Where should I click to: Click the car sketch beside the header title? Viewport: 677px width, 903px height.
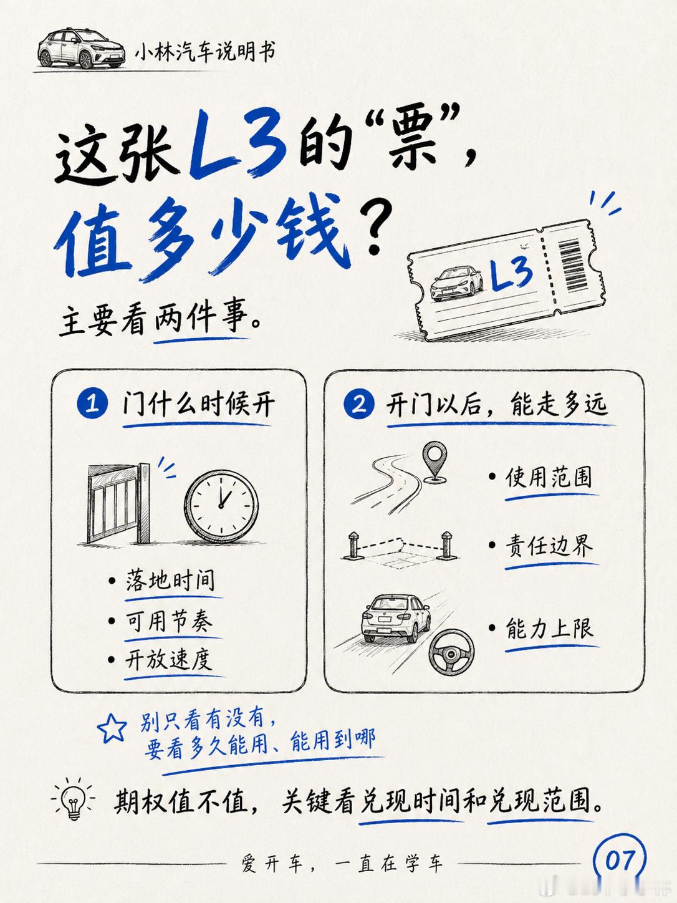tap(82, 49)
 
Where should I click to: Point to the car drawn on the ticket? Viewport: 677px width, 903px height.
tap(456, 283)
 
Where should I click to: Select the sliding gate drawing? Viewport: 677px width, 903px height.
tap(119, 503)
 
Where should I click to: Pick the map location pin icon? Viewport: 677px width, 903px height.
tap(435, 461)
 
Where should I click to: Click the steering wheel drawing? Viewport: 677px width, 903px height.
tap(451, 652)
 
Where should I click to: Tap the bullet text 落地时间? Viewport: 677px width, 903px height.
tap(170, 581)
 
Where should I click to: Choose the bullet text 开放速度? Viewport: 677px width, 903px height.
tap(168, 659)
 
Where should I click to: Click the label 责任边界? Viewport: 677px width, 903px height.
tap(549, 546)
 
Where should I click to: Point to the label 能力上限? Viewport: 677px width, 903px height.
tap(550, 628)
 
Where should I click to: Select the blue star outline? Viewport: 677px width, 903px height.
tap(112, 728)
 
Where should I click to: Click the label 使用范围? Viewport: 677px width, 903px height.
tap(549, 477)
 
